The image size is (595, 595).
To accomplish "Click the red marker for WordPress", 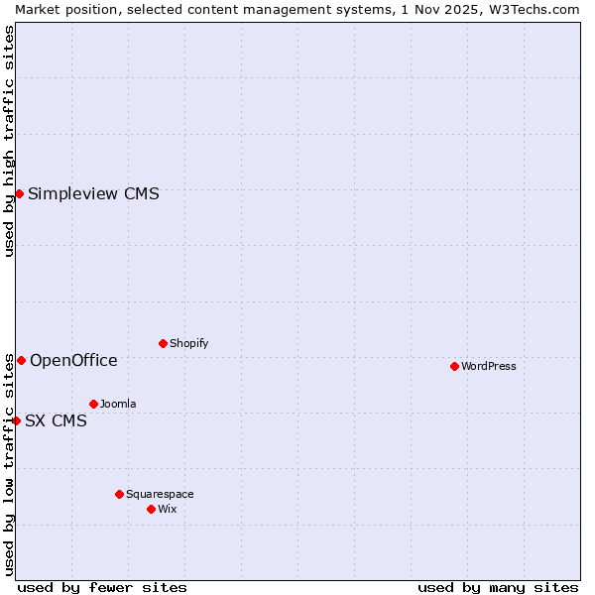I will [x=454, y=366].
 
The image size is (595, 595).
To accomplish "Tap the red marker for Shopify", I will [x=163, y=343].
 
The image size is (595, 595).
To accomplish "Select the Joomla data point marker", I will [x=93, y=404].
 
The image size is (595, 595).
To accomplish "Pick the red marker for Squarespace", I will [x=119, y=494].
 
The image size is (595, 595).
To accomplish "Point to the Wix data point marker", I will [x=151, y=509].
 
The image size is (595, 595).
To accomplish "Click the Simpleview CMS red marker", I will [x=19, y=193].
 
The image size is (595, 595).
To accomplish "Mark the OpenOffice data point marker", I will [x=21, y=360].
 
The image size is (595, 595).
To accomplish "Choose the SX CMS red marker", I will [x=16, y=420].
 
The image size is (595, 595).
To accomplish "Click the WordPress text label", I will [x=489, y=366].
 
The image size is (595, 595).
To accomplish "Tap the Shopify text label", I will [x=188, y=343].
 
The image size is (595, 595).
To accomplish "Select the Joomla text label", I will [x=118, y=404].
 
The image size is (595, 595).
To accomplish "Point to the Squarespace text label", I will [x=160, y=494].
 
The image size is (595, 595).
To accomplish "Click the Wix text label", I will [x=167, y=509].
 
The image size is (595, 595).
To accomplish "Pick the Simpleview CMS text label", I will [x=93, y=193].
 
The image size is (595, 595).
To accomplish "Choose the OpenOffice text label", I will [x=73, y=360].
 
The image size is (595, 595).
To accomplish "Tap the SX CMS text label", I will [x=56, y=420].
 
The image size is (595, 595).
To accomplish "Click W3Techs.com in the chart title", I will [x=537, y=9].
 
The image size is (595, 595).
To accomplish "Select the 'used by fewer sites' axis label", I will [x=102, y=587].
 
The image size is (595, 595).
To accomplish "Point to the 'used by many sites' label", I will [x=498, y=587].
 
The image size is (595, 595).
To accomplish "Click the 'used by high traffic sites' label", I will [x=9, y=141].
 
